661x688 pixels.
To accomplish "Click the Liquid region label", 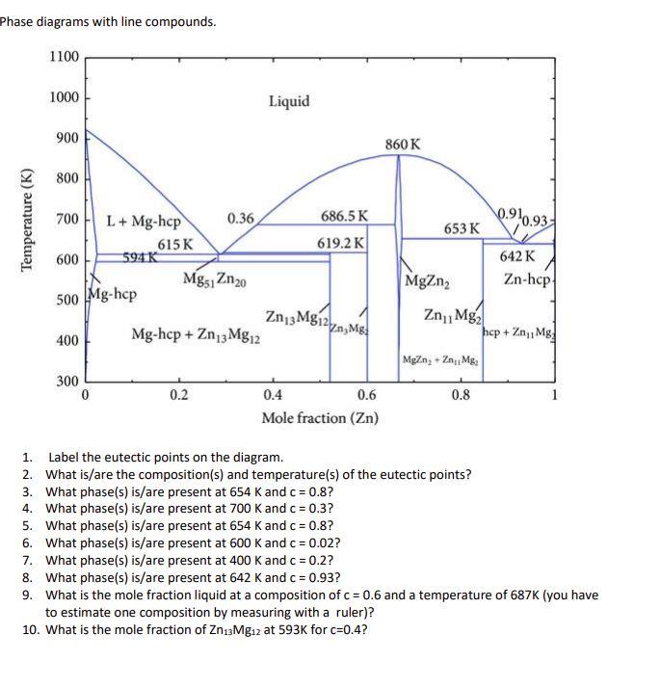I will [x=289, y=101].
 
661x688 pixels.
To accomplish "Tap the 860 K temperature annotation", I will [x=402, y=145].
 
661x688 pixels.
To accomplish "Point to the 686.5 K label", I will [x=343, y=218].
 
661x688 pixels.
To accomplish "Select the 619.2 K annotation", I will [x=341, y=243].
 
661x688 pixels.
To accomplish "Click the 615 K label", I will [x=175, y=245].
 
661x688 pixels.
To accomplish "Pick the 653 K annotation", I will [x=462, y=228].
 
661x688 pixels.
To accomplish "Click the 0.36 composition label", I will [x=240, y=219].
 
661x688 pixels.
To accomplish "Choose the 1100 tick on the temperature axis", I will [x=64, y=57].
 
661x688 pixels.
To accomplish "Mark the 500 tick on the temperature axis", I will [x=66, y=301].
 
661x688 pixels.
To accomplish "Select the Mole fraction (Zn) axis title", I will [x=320, y=417].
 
